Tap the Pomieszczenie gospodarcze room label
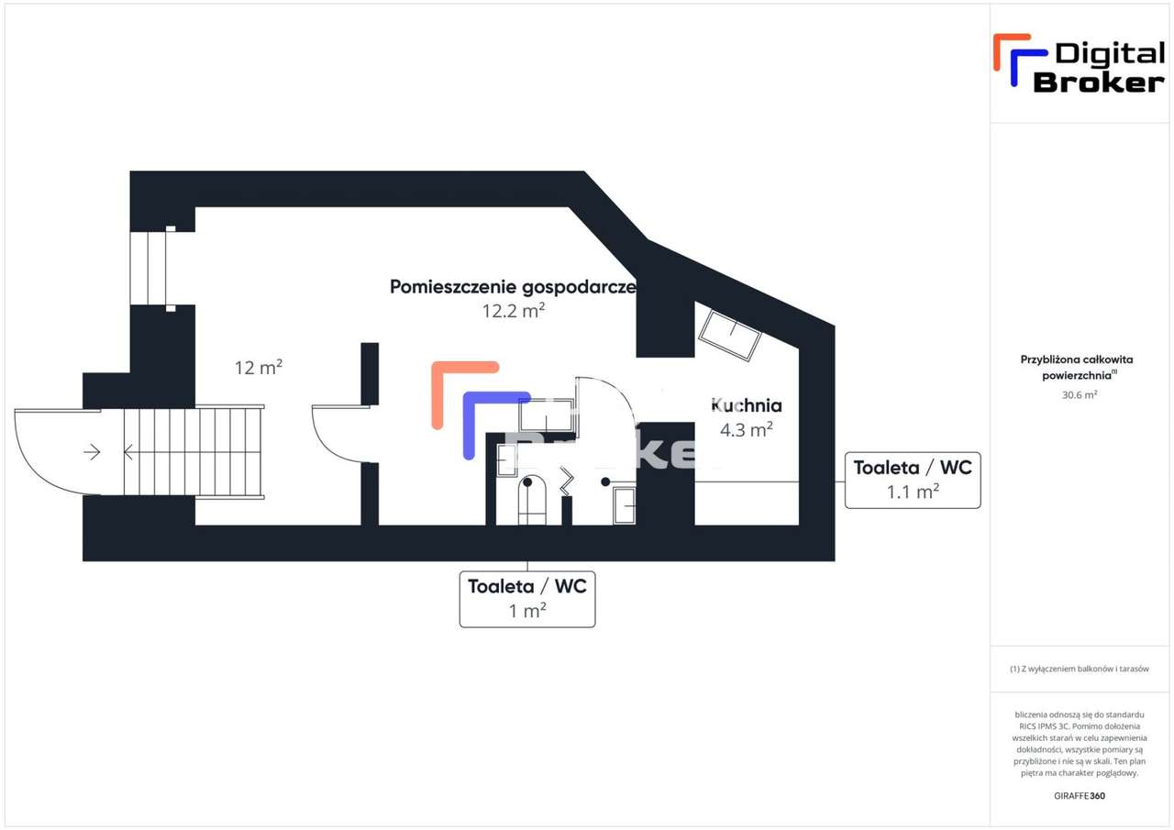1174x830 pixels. pyautogui.click(x=513, y=286)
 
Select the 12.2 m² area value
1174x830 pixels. pyautogui.click(x=514, y=311)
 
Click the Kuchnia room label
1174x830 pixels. pyautogui.click(x=746, y=404)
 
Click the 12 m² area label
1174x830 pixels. pyautogui.click(x=259, y=368)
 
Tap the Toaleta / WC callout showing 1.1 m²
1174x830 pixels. pyautogui.click(x=913, y=480)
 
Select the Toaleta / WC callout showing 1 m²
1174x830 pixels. pyautogui.click(x=527, y=599)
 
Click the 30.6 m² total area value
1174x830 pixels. pyautogui.click(x=1079, y=394)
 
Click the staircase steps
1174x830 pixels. pyautogui.click(x=193, y=451)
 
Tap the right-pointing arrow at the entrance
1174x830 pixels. pyautogui.click(x=92, y=451)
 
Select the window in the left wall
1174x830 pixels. pyautogui.click(x=148, y=268)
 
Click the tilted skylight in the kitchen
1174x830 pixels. pyautogui.click(x=730, y=334)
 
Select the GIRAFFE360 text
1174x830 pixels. pyautogui.click(x=1080, y=795)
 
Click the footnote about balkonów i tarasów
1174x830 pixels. pyautogui.click(x=1079, y=669)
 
